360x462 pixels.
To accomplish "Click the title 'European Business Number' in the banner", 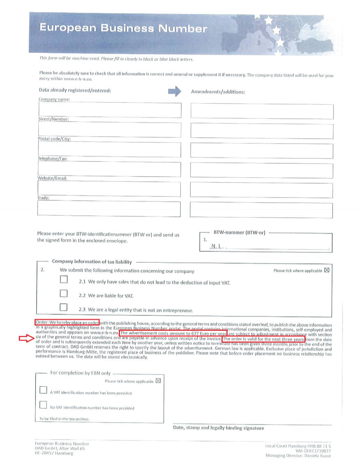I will point(123,28).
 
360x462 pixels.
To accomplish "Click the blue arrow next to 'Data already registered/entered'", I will point(175,91).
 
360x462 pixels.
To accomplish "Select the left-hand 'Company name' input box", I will point(110,110).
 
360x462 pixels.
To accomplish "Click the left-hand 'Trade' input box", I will point(109,209).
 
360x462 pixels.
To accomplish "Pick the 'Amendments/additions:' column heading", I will point(218,92).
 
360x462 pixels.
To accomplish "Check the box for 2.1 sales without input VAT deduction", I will point(64,279).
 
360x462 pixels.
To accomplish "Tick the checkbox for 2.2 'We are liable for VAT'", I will point(64,293).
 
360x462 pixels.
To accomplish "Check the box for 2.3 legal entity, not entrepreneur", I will point(64,307).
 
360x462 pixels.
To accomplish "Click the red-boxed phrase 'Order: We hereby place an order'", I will point(67,322).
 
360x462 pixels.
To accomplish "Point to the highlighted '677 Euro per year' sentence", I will point(173,333).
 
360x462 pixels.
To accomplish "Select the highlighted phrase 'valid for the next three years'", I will point(264,339).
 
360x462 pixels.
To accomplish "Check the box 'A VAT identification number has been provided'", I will point(43,390).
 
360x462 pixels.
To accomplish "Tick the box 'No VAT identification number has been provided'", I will point(43,405).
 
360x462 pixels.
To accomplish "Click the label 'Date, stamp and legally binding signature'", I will point(218,428).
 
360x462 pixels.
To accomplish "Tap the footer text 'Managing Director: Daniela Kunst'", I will point(298,455).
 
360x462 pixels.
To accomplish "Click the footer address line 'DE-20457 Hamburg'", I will point(54,453).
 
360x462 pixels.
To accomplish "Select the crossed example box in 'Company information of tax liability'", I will point(327,270).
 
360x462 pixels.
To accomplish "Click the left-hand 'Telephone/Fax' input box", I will point(109,170).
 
